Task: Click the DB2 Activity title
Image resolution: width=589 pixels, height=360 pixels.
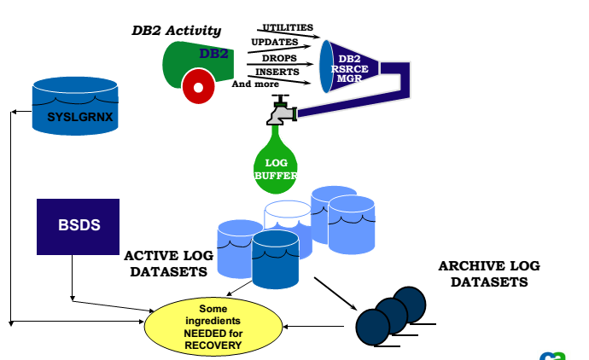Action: click(176, 31)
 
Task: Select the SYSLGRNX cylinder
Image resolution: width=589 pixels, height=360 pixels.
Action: click(73, 106)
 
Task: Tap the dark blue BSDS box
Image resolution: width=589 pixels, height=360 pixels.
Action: click(77, 226)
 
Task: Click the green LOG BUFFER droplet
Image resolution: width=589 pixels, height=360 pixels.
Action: click(275, 160)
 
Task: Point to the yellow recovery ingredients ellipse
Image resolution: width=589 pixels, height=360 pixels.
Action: click(213, 328)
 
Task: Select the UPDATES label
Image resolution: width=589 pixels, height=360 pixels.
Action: click(274, 42)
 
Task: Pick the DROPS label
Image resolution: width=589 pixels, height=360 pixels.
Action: click(279, 58)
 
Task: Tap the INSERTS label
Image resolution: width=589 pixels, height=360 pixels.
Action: click(277, 72)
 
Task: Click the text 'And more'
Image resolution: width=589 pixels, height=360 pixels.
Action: click(254, 84)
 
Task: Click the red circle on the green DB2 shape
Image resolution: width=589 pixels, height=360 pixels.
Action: click(198, 86)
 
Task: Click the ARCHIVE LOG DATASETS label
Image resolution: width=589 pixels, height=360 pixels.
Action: click(489, 274)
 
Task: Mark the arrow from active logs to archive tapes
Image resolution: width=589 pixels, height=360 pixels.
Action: click(335, 293)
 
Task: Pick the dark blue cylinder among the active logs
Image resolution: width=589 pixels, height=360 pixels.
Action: click(275, 258)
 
